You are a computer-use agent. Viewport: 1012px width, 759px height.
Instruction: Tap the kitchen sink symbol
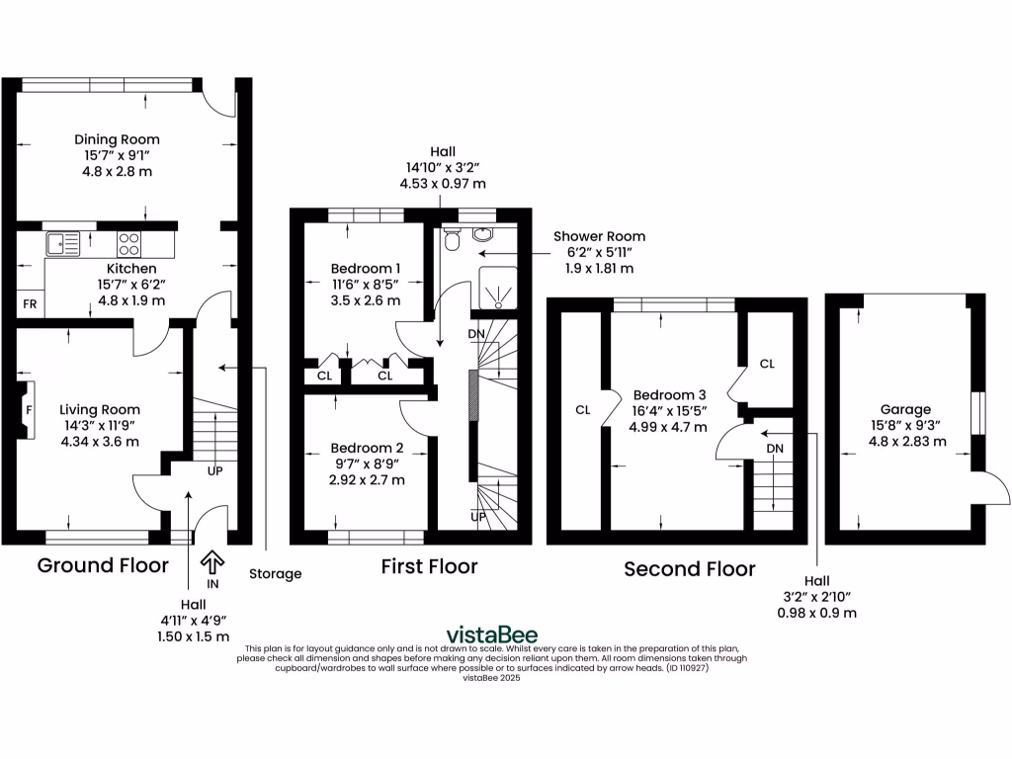click(62, 242)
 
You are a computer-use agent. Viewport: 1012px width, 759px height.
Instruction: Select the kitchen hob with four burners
click(128, 243)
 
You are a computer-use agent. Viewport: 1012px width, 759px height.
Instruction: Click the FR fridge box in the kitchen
click(30, 304)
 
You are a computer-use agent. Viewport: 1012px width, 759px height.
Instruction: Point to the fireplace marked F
click(28, 408)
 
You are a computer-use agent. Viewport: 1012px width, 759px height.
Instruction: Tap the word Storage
click(275, 573)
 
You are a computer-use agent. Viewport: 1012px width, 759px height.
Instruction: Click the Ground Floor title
click(103, 565)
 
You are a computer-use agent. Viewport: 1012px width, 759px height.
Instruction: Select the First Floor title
click(429, 566)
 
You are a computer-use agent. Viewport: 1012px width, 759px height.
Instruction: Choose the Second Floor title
click(689, 569)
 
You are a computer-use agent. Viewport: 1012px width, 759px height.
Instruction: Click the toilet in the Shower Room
click(453, 238)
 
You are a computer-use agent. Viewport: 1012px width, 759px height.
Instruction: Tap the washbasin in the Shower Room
click(484, 234)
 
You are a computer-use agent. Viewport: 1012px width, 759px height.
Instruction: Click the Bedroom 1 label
click(365, 268)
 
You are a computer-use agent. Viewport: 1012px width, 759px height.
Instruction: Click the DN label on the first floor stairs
click(476, 333)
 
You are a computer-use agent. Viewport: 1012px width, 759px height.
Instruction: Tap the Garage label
click(905, 409)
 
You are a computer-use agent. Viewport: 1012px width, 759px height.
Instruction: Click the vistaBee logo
click(492, 634)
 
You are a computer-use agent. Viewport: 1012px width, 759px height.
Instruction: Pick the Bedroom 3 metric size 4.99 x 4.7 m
click(669, 427)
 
